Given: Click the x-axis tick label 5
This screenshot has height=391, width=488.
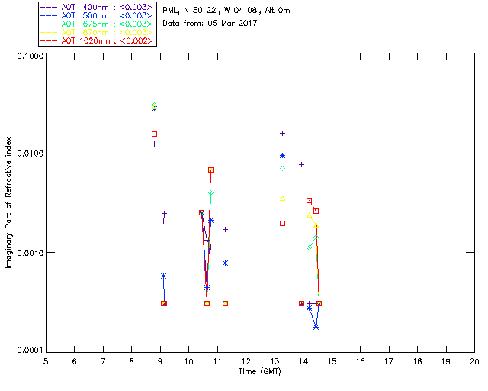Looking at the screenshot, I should point(46,361).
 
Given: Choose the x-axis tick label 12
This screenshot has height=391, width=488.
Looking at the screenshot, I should point(246,361).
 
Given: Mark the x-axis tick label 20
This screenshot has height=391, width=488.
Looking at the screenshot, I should point(474,361).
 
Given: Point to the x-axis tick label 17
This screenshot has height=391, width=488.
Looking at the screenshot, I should point(389,361).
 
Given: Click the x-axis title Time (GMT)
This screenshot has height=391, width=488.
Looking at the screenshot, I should point(260,371).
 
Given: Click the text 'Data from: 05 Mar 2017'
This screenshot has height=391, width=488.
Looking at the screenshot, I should point(210,23).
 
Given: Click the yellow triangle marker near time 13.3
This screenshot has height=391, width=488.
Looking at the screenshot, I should point(282,198).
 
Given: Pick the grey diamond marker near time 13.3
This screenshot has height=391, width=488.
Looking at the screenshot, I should point(282,168).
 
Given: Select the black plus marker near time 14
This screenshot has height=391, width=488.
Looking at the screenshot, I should point(301,164).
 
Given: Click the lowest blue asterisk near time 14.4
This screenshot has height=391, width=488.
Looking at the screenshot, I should point(316,327).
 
